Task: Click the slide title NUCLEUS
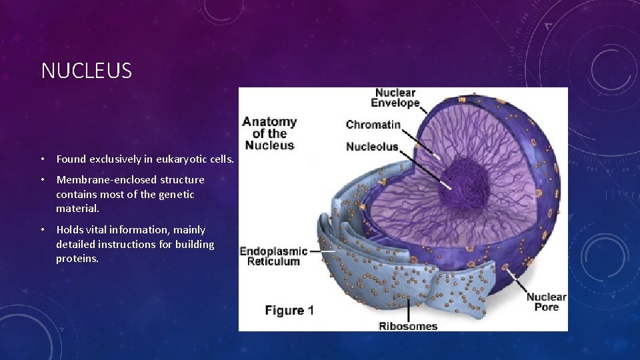coord(87,71)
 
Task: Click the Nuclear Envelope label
coord(395,98)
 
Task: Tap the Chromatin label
coord(373,125)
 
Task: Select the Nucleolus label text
coord(372,147)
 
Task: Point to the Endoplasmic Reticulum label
coord(273,256)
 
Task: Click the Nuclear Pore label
coord(546,302)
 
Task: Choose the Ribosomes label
coord(408,326)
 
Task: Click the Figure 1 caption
coord(289,311)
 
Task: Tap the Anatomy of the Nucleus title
coord(269,133)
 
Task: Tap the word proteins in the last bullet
coord(77,259)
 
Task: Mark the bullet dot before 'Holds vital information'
coord(42,230)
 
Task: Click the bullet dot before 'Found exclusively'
coord(42,160)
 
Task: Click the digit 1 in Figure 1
coord(311,311)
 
